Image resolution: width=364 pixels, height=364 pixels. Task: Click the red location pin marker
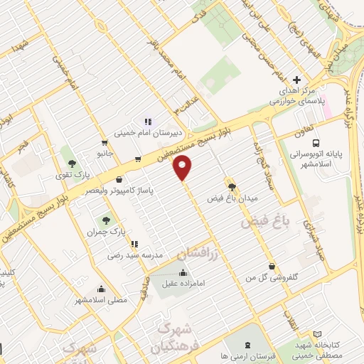183,168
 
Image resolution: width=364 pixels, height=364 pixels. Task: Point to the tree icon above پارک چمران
106,220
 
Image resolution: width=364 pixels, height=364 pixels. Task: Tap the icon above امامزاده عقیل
183,273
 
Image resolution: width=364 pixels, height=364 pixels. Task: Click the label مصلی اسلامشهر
102,299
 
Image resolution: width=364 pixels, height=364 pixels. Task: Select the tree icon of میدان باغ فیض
231,186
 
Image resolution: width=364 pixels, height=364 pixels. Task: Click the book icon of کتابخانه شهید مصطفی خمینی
316,333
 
